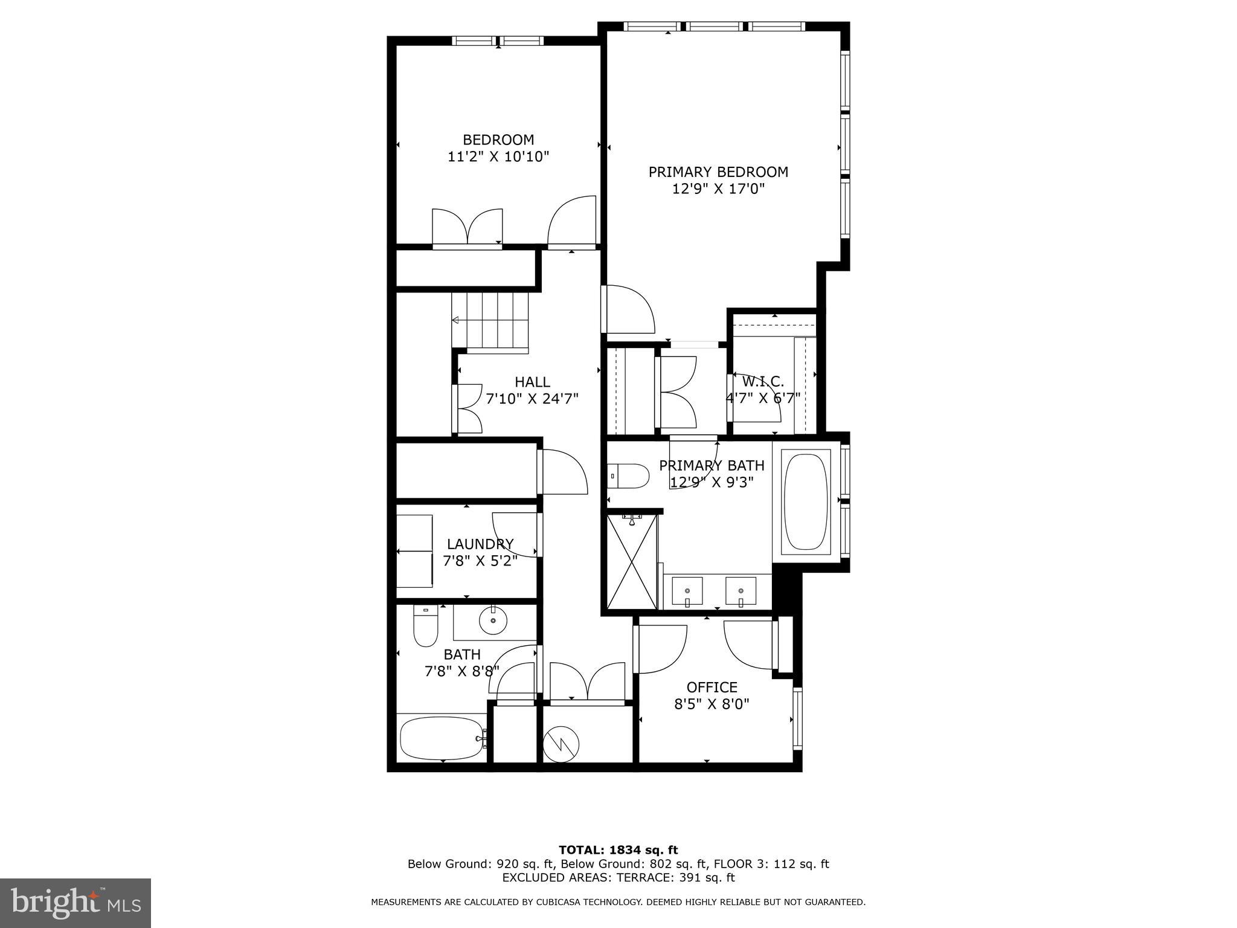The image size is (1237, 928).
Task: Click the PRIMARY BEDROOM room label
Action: pos(718,172)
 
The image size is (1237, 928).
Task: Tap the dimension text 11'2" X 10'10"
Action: pos(498,157)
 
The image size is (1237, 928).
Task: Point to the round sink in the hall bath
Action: pos(493,620)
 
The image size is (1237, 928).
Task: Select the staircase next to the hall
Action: pos(490,321)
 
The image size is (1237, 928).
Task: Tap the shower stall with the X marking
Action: pos(631,560)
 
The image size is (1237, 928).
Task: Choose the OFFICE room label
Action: pos(712,687)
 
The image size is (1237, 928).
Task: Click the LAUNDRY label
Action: pos(480,544)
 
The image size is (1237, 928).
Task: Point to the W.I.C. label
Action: pos(762,382)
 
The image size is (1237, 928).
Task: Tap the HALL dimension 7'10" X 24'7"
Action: pos(532,399)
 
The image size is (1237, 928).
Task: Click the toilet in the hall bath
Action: pos(425,627)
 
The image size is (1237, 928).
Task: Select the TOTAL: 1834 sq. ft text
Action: pos(618,850)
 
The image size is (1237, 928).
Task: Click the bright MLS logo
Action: pos(76,903)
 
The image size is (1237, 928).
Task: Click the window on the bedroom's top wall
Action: pos(498,41)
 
